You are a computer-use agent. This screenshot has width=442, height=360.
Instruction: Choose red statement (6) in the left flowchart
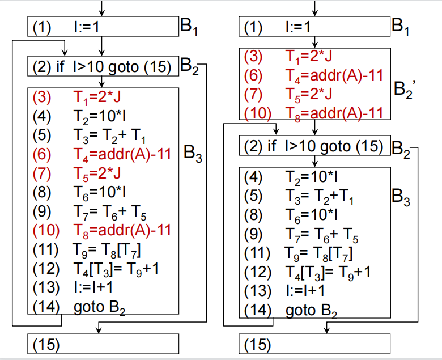tap(102, 154)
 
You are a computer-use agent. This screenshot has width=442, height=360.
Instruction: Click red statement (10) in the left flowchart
tap(102, 230)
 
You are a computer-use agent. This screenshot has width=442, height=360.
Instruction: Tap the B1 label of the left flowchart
tap(189, 27)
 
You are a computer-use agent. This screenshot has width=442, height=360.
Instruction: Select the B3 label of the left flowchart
tap(193, 154)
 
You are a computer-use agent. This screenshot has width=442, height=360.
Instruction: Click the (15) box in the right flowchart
tap(315, 344)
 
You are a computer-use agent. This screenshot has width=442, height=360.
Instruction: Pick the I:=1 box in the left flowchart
tap(103, 27)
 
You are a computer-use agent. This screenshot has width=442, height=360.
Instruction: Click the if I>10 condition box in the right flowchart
tap(315, 147)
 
